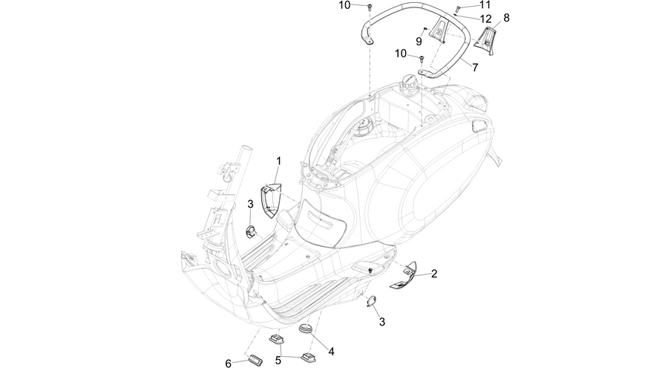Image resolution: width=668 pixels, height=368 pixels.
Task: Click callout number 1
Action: click(278, 161)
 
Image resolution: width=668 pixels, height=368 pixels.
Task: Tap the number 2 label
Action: click(434, 274)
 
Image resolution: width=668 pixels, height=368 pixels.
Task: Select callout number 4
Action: click(331, 352)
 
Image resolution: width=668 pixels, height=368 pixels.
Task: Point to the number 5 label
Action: click(278, 361)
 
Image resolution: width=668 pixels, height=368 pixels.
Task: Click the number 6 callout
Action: click(229, 364)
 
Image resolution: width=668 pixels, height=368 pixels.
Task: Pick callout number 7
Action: click(475, 67)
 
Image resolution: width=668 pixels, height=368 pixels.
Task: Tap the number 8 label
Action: click(506, 18)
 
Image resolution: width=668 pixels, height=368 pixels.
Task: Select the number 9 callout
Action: click(419, 41)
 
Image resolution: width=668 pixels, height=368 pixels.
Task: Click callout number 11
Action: click(485, 5)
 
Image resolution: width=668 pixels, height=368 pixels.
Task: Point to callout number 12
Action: click(485, 19)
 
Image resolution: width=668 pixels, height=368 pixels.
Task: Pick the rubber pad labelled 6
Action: click(255, 358)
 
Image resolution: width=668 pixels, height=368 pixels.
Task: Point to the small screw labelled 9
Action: click(425, 28)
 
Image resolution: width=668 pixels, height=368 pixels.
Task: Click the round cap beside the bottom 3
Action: click(371, 301)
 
